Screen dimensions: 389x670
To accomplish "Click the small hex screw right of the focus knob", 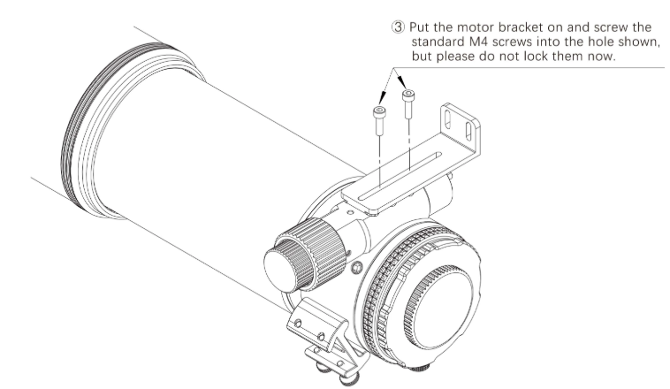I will coord(354,265).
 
